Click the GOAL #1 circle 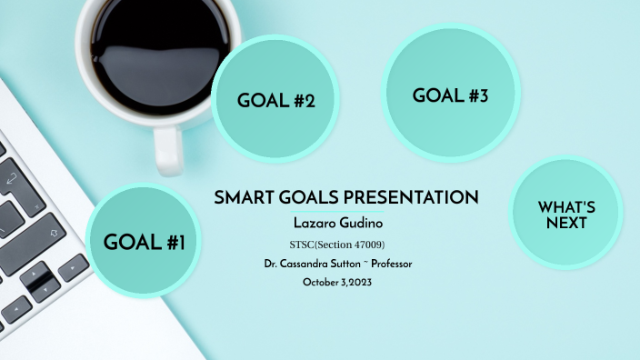[x=145, y=241]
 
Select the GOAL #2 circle [x=276, y=100]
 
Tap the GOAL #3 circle [x=451, y=95]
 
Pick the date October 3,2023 [x=338, y=282]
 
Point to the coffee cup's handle [x=168, y=149]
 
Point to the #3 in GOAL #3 [x=478, y=95]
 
